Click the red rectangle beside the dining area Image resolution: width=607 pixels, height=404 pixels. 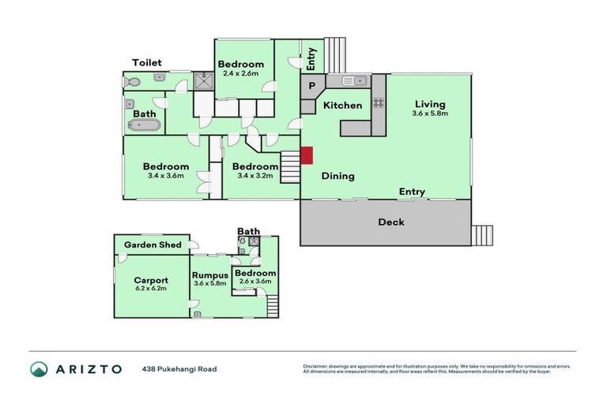pyautogui.click(x=307, y=156)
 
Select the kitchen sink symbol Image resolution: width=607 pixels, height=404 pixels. pyautogui.click(x=353, y=80)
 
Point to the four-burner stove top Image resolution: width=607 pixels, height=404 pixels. pyautogui.click(x=378, y=102)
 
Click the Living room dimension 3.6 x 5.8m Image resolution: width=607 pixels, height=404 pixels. pyautogui.click(x=430, y=114)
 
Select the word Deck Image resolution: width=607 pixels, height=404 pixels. pyautogui.click(x=390, y=223)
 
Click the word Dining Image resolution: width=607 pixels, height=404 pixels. pyautogui.click(x=337, y=177)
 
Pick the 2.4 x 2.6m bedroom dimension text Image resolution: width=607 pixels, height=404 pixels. pyautogui.click(x=241, y=73)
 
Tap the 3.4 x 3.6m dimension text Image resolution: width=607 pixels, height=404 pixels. pyautogui.click(x=165, y=176)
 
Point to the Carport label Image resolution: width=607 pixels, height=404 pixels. pyautogui.click(x=150, y=280)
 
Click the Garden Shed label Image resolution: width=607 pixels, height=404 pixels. pyautogui.click(x=150, y=245)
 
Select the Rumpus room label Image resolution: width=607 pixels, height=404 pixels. pyautogui.click(x=209, y=275)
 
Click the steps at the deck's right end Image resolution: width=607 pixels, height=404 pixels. pyautogui.click(x=481, y=234)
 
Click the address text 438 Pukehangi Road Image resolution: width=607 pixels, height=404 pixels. pyautogui.click(x=179, y=368)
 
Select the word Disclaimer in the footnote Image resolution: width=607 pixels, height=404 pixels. pyautogui.click(x=317, y=366)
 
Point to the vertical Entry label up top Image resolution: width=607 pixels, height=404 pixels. pyautogui.click(x=311, y=58)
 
